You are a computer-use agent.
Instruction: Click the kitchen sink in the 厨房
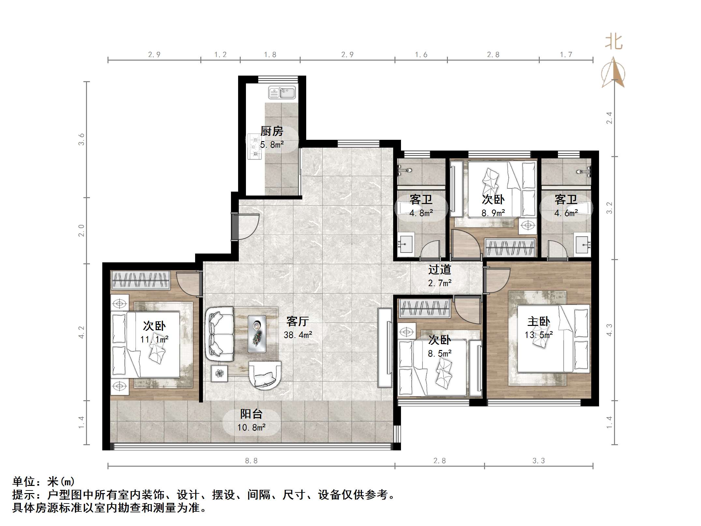pos(282,93)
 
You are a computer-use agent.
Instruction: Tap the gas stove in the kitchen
pos(254,147)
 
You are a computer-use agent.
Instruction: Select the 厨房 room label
pos(272,131)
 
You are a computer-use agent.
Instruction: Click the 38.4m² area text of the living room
pos(298,335)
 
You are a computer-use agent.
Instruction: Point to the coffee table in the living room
pos(257,334)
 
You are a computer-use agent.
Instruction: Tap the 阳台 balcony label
pos(251,414)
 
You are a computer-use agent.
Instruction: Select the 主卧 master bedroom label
pos(539,321)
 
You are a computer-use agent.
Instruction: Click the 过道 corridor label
pos(439,270)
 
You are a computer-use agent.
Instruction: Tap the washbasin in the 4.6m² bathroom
pos(582,243)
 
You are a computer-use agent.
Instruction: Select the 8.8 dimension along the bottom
pos(251,460)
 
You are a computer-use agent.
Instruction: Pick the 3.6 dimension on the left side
pos(81,139)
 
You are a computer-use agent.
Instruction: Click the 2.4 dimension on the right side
pos(609,118)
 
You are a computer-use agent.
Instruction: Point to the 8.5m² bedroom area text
pos(439,354)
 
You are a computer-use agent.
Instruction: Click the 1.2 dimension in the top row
pos(220,55)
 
